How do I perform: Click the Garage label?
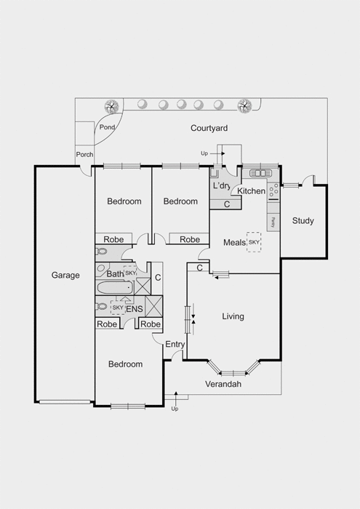[x=65, y=276]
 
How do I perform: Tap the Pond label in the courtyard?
[x=107, y=127]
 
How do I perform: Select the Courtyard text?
[x=209, y=128]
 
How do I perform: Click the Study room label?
[x=303, y=221]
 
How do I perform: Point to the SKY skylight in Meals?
[x=254, y=242]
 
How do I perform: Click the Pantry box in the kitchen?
[x=273, y=223]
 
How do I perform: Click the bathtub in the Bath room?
[x=115, y=288]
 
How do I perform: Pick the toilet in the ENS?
[x=102, y=306]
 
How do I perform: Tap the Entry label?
[x=175, y=345]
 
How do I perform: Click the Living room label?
[x=233, y=316]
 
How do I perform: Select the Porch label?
[x=84, y=154]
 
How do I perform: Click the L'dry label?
[x=222, y=186]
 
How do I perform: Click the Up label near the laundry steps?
[x=204, y=153]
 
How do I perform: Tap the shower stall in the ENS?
[x=153, y=306]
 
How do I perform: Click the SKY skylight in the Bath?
[x=130, y=273]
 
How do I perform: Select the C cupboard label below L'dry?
[x=227, y=204]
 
